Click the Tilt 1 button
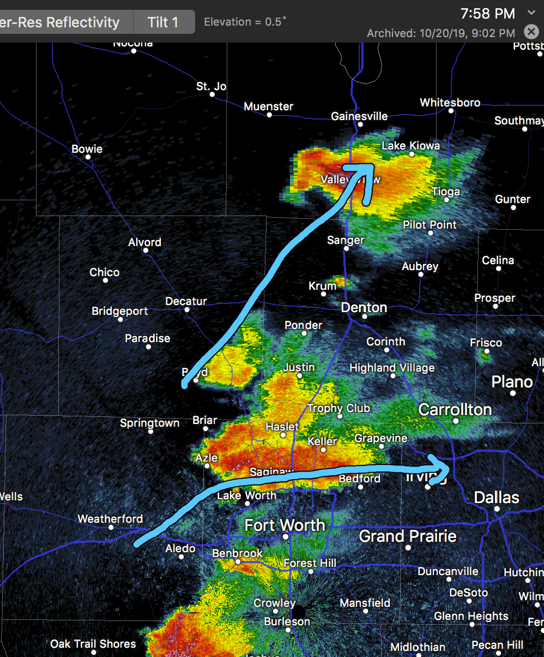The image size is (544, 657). [163, 22]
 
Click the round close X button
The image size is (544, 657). [531, 32]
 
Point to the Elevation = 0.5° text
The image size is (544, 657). [245, 22]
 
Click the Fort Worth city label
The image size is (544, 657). [285, 525]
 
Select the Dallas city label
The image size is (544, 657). [497, 497]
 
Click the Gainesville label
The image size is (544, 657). [359, 116]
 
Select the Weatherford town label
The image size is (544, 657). [110, 519]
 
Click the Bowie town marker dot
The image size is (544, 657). [87, 157]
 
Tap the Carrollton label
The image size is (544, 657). [455, 409]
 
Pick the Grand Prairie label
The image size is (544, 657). [407, 536]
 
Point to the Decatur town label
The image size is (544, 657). [186, 301]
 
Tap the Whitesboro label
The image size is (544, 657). [450, 103]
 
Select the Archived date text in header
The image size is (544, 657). [440, 33]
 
